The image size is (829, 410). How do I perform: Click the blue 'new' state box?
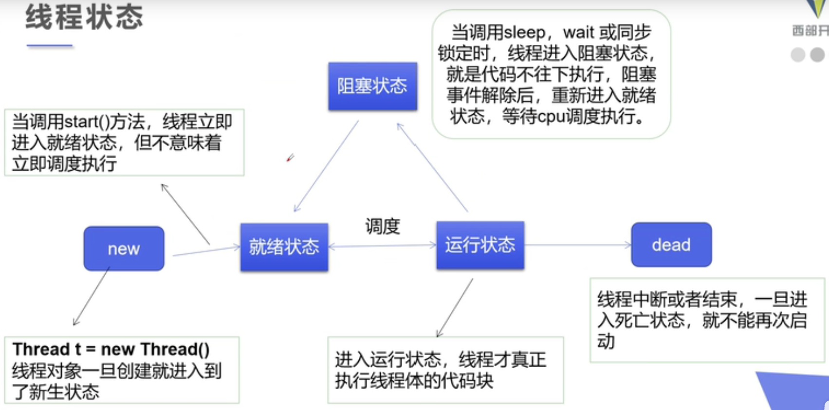pyautogui.click(x=124, y=249)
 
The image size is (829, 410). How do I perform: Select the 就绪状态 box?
pyautogui.click(x=284, y=247)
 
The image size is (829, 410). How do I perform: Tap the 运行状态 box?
pyautogui.click(x=480, y=245)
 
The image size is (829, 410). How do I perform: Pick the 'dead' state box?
pyautogui.click(x=671, y=245)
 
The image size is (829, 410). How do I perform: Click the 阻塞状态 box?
pyautogui.click(x=373, y=86)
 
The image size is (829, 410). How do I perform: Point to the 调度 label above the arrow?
pyautogui.click(x=383, y=226)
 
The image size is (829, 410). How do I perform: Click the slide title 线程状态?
pyautogui.click(x=84, y=17)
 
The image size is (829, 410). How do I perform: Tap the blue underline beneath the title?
pyautogui.click(x=50, y=45)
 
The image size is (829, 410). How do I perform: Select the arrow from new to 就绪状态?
pyautogui.click(x=206, y=251)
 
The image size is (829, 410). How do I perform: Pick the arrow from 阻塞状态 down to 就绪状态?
pyautogui.click(x=326, y=166)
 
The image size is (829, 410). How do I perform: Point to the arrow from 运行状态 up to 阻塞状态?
pyautogui.click(x=432, y=167)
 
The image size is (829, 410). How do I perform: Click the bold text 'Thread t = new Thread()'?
pyautogui.click(x=111, y=349)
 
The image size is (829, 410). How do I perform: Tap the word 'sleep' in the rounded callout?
pyautogui.click(x=524, y=33)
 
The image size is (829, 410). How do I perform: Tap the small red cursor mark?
pyautogui.click(x=290, y=158)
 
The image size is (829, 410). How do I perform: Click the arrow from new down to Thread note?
pyautogui.click(x=92, y=296)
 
